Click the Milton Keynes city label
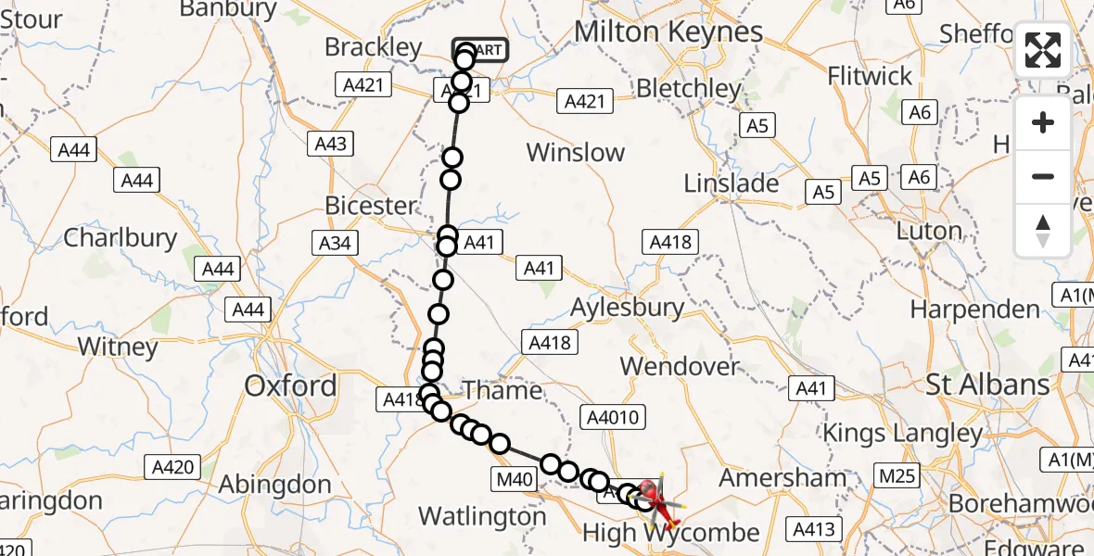(x=668, y=32)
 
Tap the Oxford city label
(x=290, y=385)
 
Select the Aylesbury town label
(x=628, y=307)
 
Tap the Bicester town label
(x=372, y=205)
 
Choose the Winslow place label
(x=576, y=152)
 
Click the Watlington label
(x=482, y=515)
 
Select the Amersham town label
(x=782, y=478)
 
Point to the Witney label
(x=118, y=347)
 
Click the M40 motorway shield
(x=511, y=479)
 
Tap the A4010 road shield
(x=613, y=417)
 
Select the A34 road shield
(x=334, y=243)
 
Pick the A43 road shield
(x=331, y=144)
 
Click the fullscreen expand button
(x=1043, y=50)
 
